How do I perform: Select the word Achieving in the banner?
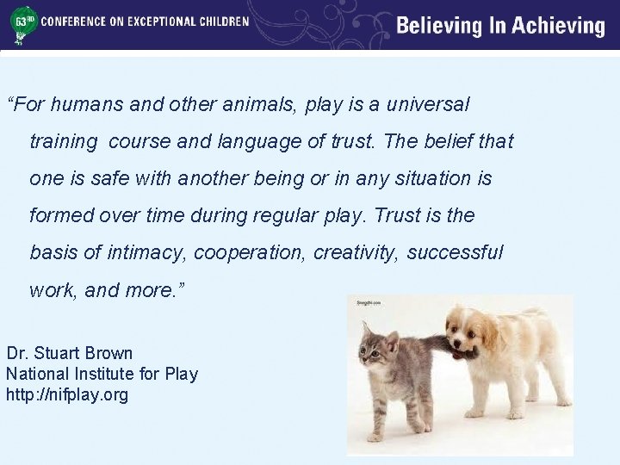coord(558,26)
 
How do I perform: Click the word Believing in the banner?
coord(442,26)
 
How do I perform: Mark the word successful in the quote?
coord(456,252)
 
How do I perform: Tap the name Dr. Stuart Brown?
coord(70,353)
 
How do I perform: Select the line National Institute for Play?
coord(102,374)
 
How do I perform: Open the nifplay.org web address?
coord(67,394)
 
